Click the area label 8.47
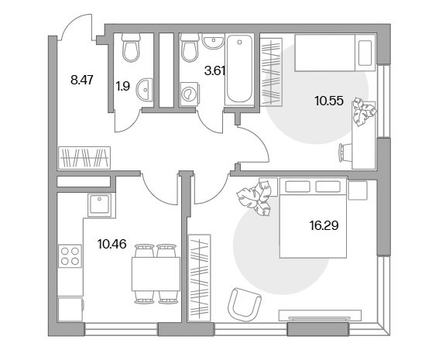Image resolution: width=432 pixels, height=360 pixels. pyautogui.click(x=82, y=81)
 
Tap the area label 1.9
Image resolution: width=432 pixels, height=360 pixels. pyautogui.click(x=122, y=87)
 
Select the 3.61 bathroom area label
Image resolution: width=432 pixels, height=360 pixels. pyautogui.click(x=215, y=70)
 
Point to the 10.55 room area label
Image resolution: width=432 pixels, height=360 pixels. pyautogui.click(x=329, y=101)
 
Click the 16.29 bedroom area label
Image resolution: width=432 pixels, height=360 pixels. pyautogui.click(x=324, y=225)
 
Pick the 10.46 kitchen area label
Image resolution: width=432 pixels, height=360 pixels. pyautogui.click(x=111, y=244)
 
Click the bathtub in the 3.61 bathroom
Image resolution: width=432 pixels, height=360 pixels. pyautogui.click(x=239, y=69)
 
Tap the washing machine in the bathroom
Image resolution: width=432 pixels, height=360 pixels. pyautogui.click(x=189, y=94)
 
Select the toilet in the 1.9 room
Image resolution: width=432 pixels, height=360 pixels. pyautogui.click(x=131, y=47)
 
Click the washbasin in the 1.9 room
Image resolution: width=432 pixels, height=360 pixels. pyautogui.click(x=145, y=89)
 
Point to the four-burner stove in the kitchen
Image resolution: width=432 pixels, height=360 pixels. pyautogui.click(x=70, y=256)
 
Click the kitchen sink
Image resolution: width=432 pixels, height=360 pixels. pyautogui.click(x=99, y=204)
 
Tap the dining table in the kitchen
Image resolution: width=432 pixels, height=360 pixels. pyautogui.click(x=156, y=274)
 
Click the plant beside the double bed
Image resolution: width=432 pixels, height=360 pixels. pyautogui.click(x=254, y=197)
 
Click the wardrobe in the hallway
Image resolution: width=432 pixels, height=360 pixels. pyautogui.click(x=84, y=158)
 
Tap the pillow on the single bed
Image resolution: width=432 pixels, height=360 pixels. pyautogui.click(x=365, y=53)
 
